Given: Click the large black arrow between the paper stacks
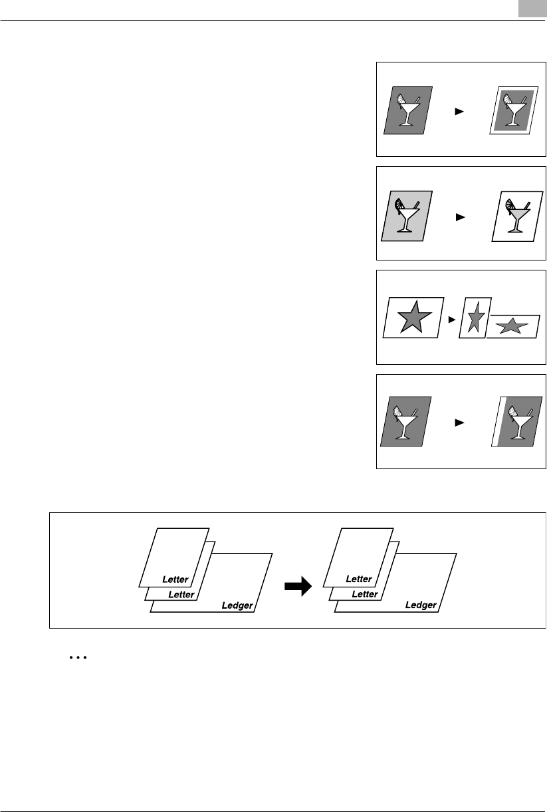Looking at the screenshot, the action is [x=298, y=586].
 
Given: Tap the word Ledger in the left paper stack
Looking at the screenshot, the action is [x=237, y=605].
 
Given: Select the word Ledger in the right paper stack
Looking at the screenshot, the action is [x=421, y=605].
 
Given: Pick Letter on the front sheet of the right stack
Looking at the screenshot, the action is [x=359, y=579].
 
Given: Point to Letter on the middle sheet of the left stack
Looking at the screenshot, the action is [x=181, y=595].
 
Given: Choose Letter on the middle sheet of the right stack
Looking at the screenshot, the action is [x=365, y=595].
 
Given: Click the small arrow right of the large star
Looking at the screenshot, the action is [x=452, y=320].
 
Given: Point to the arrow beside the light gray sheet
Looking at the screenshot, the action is [x=458, y=217].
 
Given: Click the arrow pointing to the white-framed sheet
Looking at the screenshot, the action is [x=458, y=112].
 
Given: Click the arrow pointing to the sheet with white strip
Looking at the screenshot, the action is [x=458, y=422].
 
